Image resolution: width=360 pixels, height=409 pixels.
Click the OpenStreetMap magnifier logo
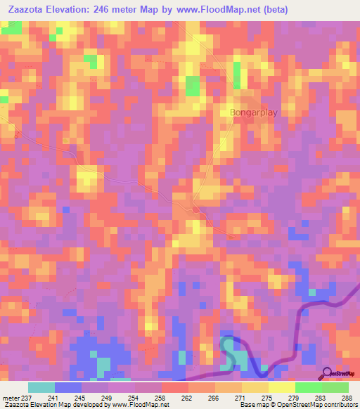(x=328, y=373)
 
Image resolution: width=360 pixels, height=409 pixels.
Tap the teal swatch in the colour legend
(x=41, y=387)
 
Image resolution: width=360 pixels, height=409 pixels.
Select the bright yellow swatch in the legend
(x=281, y=387)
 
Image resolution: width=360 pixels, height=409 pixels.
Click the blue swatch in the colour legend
(x=67, y=387)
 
